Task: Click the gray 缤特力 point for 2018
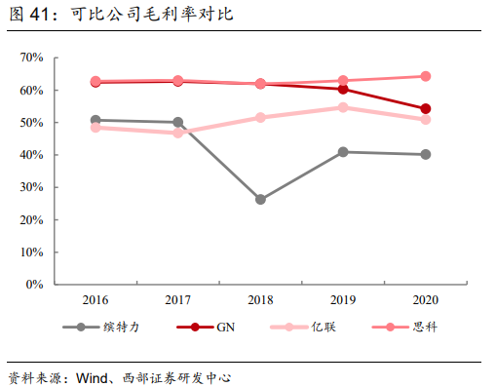260,199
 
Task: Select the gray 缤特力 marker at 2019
343,152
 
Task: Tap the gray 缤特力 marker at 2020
426,154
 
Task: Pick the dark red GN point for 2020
426,108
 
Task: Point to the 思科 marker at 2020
426,76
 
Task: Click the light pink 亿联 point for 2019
343,107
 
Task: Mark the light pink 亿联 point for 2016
95,128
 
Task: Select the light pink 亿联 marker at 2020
426,119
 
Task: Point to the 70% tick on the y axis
31,58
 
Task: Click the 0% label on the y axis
35,285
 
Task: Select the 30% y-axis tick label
31,187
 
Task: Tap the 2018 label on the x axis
260,300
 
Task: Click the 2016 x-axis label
95,300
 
